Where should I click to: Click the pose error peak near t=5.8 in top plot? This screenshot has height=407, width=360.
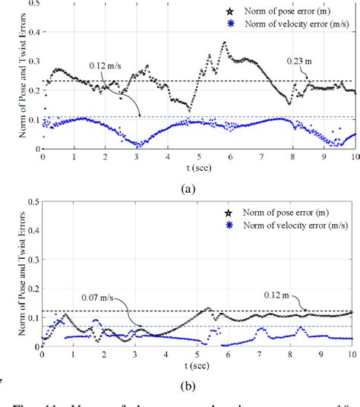[224, 43]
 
